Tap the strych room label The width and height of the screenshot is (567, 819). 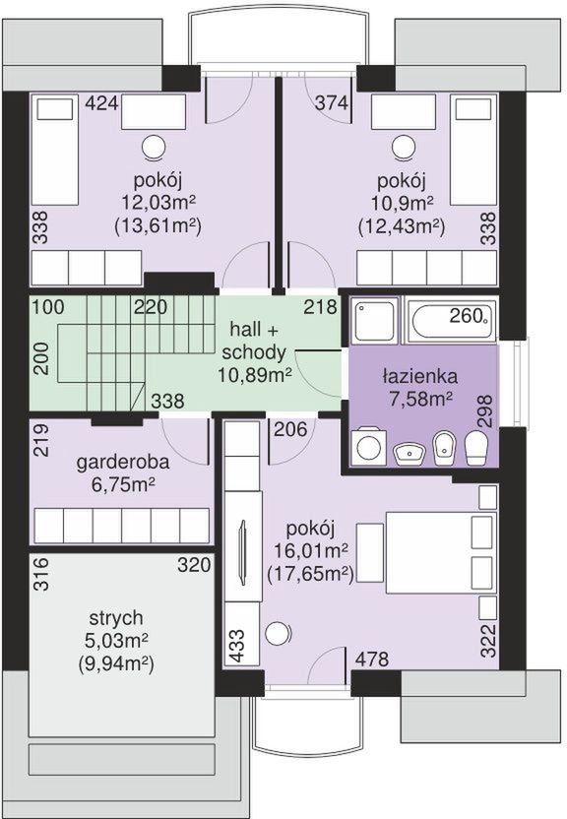coord(116,618)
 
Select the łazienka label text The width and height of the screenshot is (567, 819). coord(419,376)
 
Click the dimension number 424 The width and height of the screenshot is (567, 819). coord(101,103)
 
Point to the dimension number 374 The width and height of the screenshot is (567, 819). coord(332,103)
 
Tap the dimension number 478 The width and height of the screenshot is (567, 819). coord(372,659)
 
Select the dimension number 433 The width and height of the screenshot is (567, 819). coord(236,646)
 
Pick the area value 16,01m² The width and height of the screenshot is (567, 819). coord(312,551)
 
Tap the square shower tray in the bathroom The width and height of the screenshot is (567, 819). coord(374,320)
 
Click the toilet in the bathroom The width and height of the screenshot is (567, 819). coord(475,448)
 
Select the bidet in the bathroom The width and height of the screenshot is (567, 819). coord(444,448)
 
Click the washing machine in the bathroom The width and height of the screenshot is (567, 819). coord(369,446)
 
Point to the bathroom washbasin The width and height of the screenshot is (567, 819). coord(409,453)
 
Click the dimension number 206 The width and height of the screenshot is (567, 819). coord(290,429)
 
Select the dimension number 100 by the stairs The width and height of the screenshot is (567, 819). coord(48,306)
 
